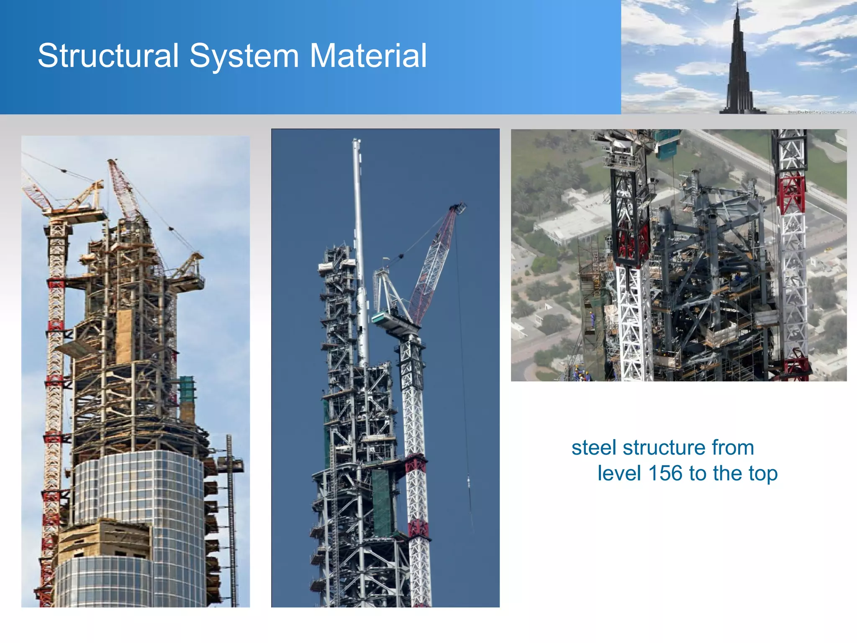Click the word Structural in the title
(x=108, y=56)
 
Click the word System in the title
(x=244, y=56)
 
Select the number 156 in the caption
(x=665, y=473)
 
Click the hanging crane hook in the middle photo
(x=468, y=481)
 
